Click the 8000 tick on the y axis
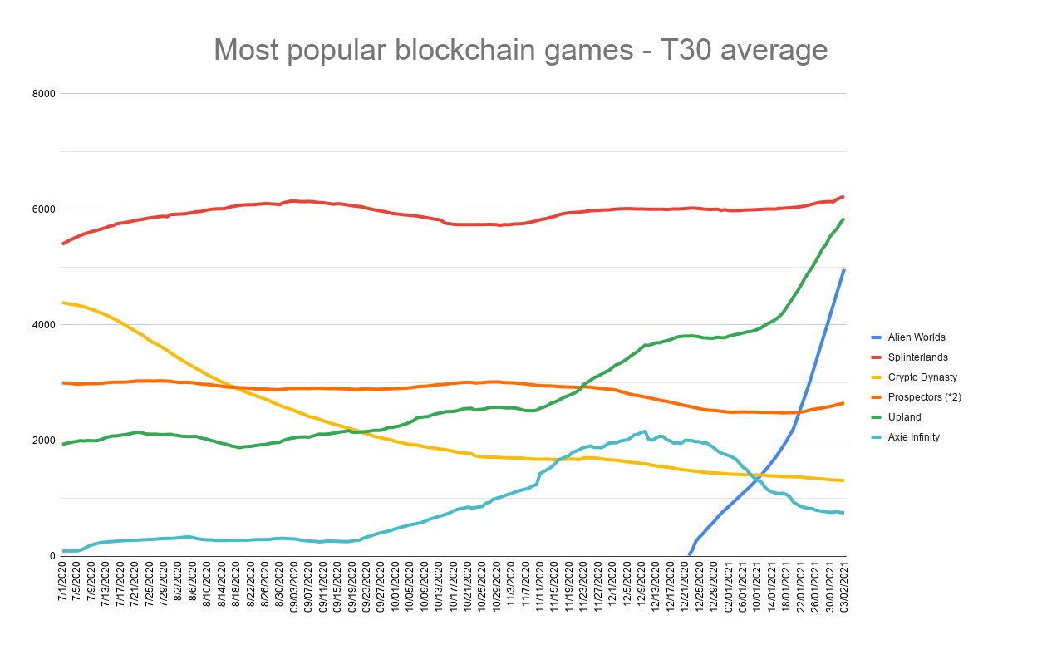click(44, 94)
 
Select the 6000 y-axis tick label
click(44, 209)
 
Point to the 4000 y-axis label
click(44, 325)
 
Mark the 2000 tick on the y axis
click(44, 441)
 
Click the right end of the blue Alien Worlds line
click(844, 270)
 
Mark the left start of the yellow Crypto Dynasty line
click(64, 303)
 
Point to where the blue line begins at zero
click(687, 554)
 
